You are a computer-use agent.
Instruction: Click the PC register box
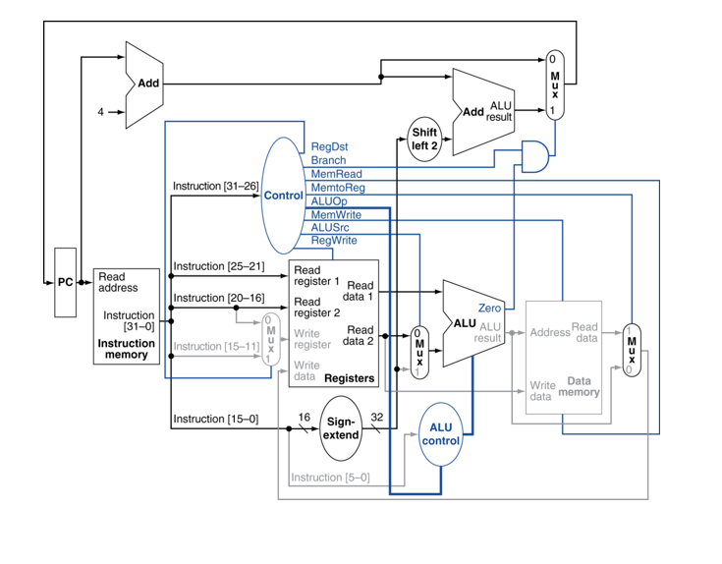pyautogui.click(x=65, y=282)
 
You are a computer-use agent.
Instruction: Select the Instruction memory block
pyautogui.click(x=126, y=316)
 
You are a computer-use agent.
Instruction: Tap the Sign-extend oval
pyautogui.click(x=342, y=427)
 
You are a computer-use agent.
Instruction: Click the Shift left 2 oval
pyautogui.click(x=425, y=139)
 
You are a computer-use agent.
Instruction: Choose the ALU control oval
pyautogui.click(x=440, y=433)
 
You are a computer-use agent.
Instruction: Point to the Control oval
pyautogui.click(x=283, y=196)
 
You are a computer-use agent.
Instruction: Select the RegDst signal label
pyautogui.click(x=329, y=146)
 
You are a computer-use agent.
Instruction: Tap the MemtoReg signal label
pyautogui.click(x=337, y=187)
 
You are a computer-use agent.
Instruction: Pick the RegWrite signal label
pyautogui.click(x=334, y=240)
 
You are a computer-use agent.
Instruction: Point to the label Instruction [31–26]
pyautogui.click(x=215, y=186)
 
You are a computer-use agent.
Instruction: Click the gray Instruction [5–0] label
pyautogui.click(x=330, y=478)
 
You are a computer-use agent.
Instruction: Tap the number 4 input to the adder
pyautogui.click(x=99, y=112)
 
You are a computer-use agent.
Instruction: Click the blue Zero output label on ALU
pyautogui.click(x=489, y=309)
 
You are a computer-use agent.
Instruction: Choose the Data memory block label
pyautogui.click(x=579, y=385)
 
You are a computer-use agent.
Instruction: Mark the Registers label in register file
pyautogui.click(x=349, y=377)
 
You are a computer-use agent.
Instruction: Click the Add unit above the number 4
pyautogui.click(x=145, y=84)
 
